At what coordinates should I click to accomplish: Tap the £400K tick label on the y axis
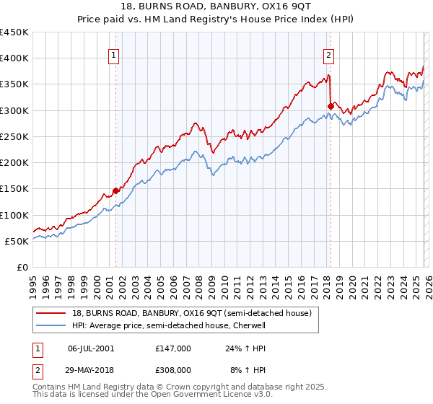pyautogui.click(x=14, y=58)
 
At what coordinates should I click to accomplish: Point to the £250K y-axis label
pyautogui.click(x=14, y=136)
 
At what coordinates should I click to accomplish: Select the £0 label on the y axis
pyautogui.click(x=22, y=267)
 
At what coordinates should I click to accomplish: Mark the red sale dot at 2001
pyautogui.click(x=115, y=191)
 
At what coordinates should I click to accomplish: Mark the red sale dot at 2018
pyautogui.click(x=330, y=107)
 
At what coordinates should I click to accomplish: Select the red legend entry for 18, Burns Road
pyautogui.click(x=191, y=313)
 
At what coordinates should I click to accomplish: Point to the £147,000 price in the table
pyautogui.click(x=172, y=348)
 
